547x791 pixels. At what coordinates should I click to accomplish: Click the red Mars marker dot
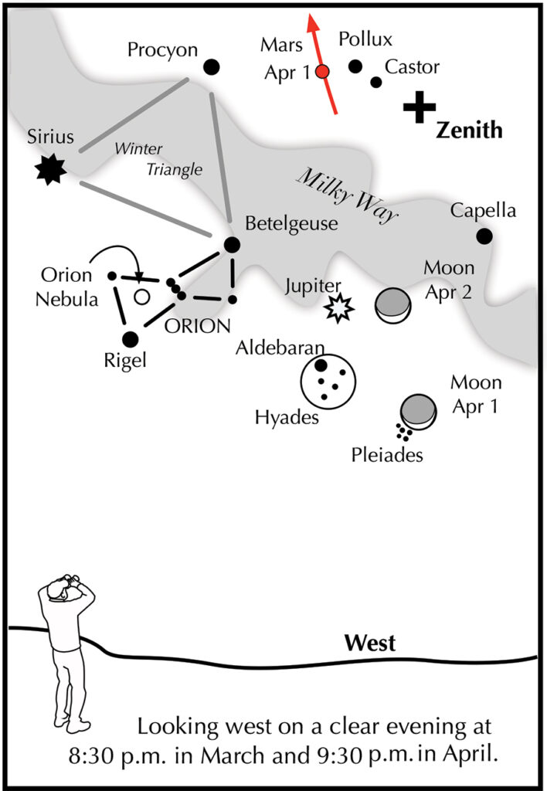(322, 72)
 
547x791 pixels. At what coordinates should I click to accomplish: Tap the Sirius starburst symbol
(51, 169)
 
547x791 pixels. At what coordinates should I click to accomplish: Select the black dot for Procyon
(212, 66)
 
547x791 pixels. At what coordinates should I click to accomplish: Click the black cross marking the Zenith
(420, 107)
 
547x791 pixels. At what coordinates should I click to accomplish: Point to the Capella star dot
(484, 236)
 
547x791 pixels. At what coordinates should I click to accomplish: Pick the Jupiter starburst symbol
(339, 307)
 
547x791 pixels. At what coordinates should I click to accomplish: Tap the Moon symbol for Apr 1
(418, 412)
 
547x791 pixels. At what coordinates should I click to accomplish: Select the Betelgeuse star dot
(232, 245)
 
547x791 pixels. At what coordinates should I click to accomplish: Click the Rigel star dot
(131, 339)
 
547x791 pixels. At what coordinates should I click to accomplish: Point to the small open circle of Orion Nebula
(142, 297)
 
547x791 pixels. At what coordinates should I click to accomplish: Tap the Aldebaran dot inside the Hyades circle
(321, 365)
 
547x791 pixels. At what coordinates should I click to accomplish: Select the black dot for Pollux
(355, 66)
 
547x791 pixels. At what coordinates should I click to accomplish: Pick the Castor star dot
(376, 82)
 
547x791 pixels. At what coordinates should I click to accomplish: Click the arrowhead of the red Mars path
(314, 22)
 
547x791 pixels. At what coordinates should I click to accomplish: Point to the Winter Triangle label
(158, 159)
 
